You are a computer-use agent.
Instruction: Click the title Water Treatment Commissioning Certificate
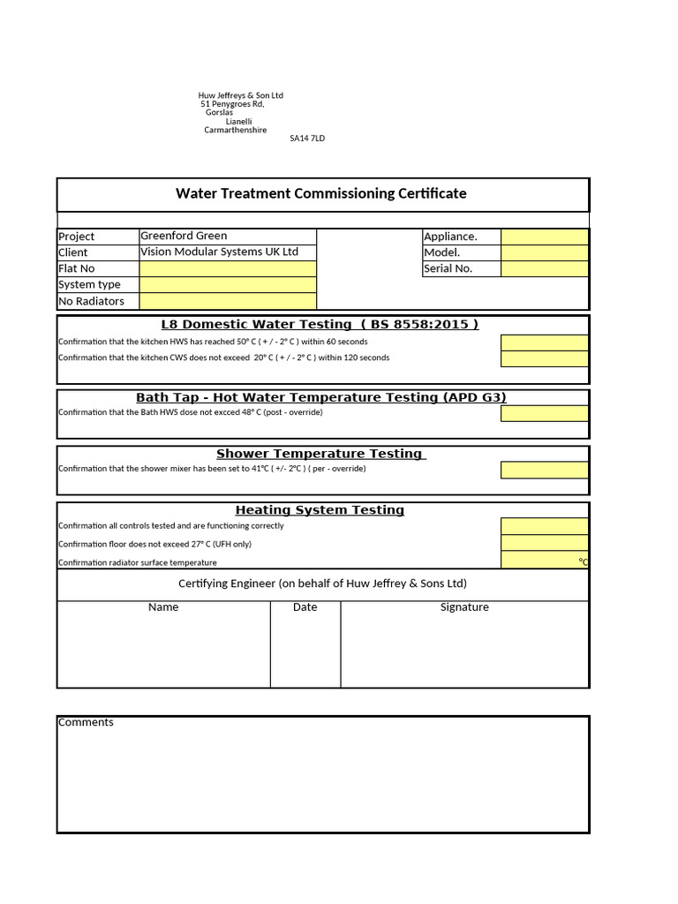click(x=321, y=193)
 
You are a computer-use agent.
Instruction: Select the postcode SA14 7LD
click(x=307, y=139)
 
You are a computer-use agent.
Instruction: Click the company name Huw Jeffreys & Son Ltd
click(x=240, y=95)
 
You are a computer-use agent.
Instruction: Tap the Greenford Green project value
click(x=184, y=236)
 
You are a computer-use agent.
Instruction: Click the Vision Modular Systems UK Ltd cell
click(x=220, y=252)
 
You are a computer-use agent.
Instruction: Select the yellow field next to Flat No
click(x=227, y=268)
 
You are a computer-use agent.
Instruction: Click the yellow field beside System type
click(x=227, y=284)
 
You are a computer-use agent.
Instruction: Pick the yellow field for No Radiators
click(x=227, y=301)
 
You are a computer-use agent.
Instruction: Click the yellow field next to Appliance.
click(x=544, y=236)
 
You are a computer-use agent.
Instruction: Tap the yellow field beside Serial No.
click(x=544, y=268)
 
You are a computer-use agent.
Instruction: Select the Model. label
click(x=442, y=252)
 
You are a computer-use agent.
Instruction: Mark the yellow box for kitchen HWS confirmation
click(x=544, y=343)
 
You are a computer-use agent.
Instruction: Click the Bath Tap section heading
click(x=321, y=397)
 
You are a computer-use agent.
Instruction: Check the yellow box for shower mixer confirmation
click(x=544, y=470)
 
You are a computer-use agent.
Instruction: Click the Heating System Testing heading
click(x=320, y=509)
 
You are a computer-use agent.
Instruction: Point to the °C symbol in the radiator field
click(x=583, y=561)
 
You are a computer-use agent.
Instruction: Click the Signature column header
click(x=464, y=607)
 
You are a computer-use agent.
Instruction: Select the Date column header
click(x=305, y=607)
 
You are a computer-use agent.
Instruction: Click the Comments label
click(x=86, y=722)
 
